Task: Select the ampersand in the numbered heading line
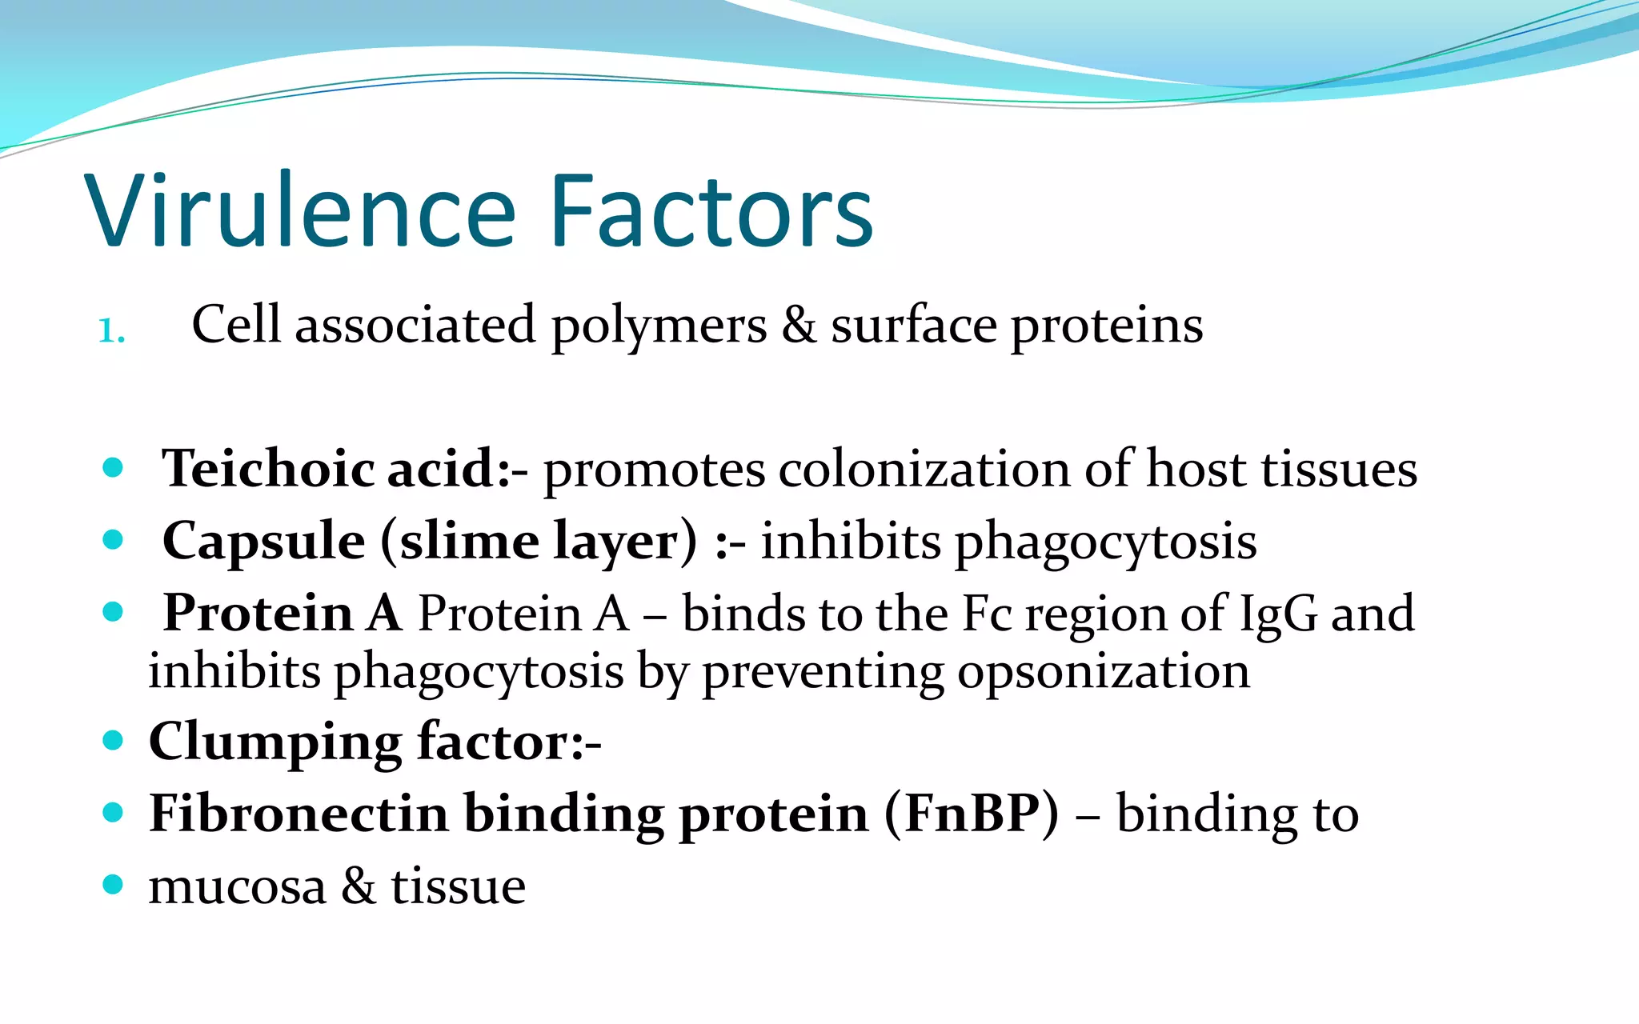coord(798,326)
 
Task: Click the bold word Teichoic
coord(267,468)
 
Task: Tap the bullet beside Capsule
coord(113,540)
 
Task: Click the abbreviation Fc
coord(987,614)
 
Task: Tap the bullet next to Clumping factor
coord(113,740)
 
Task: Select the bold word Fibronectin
coord(298,814)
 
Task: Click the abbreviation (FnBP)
coord(972,814)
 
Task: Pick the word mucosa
coord(237,887)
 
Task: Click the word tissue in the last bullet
coord(458,887)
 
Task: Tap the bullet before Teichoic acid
coord(113,467)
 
